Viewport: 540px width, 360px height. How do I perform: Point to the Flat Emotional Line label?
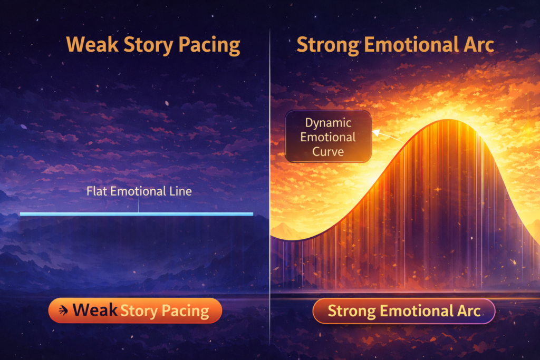coord(139,191)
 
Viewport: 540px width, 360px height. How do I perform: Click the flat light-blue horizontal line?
coord(79,214)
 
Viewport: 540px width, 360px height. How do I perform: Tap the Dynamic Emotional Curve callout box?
coord(328,137)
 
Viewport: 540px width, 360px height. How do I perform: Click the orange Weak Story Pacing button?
coord(135,310)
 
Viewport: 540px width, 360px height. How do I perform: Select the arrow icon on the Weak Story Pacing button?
coord(63,310)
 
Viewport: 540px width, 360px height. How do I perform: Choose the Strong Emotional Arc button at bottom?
coord(404,311)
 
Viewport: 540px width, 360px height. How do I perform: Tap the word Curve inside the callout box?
coord(328,152)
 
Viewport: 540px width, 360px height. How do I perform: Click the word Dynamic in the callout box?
coord(328,123)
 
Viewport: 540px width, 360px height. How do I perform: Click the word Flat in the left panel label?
coord(96,191)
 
